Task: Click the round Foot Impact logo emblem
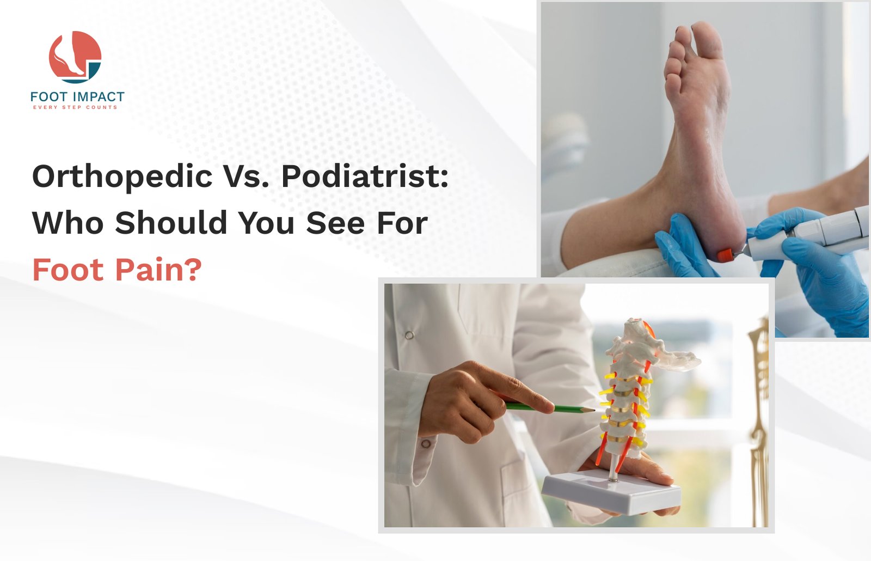click(75, 57)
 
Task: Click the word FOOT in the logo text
click(48, 96)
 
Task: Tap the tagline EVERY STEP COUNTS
click(75, 107)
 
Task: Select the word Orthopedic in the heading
click(122, 177)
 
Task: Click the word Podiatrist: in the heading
click(365, 176)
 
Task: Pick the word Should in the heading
click(171, 223)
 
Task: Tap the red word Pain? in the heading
click(158, 269)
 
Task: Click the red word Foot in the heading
click(68, 269)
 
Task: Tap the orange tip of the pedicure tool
click(725, 255)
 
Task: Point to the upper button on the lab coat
click(409, 335)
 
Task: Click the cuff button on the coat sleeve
click(426, 444)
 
